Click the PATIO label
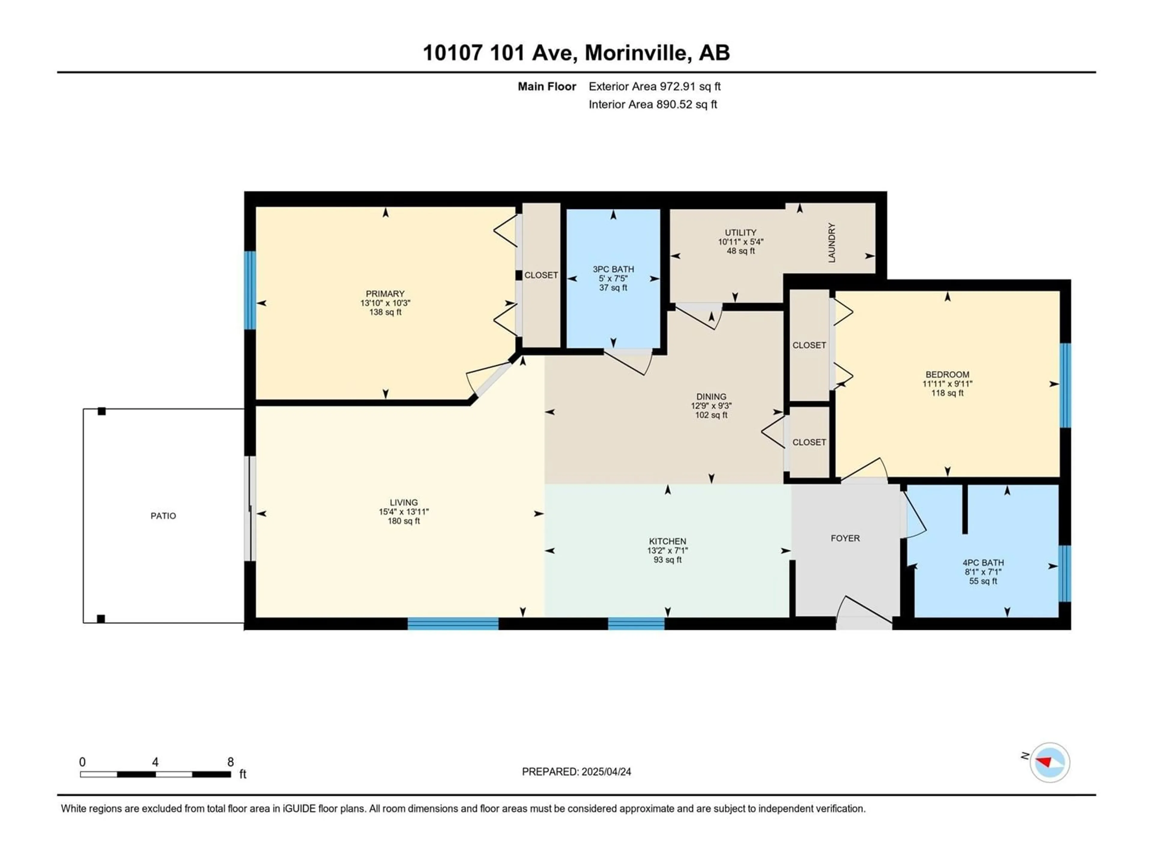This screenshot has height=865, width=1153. pos(163,516)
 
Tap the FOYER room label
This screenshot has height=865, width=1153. pos(845,538)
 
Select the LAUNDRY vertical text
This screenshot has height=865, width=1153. pos(832,243)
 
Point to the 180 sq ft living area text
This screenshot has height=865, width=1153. pos(404,521)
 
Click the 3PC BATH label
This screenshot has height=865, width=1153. pos(613,269)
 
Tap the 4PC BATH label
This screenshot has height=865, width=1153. pos(983,563)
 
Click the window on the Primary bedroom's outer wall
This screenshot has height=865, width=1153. pos(250,290)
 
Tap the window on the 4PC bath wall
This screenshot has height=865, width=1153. pos(1065,574)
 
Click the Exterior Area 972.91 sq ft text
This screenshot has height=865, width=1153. pos(655,86)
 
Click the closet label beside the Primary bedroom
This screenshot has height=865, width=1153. pos(541,275)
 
